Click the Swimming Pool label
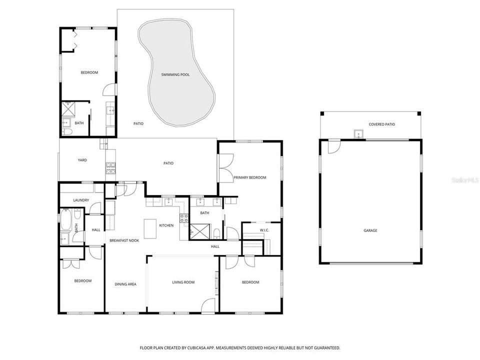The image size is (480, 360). point(175,75)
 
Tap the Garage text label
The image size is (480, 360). point(370,230)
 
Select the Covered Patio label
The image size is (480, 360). point(381,124)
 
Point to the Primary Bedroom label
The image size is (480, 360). point(250,177)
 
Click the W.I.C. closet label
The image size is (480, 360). point(264,230)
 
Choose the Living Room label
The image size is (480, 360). point(183,282)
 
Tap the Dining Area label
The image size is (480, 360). point(125,284)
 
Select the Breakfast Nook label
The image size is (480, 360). point(124,240)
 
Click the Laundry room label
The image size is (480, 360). point(81,200)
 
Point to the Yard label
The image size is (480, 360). point(82,160)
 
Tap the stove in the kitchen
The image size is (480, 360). point(183,217)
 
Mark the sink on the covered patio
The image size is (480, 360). point(358,133)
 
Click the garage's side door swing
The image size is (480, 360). point(332,146)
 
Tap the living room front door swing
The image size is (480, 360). point(208,305)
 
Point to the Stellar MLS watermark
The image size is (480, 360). point(464,178)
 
